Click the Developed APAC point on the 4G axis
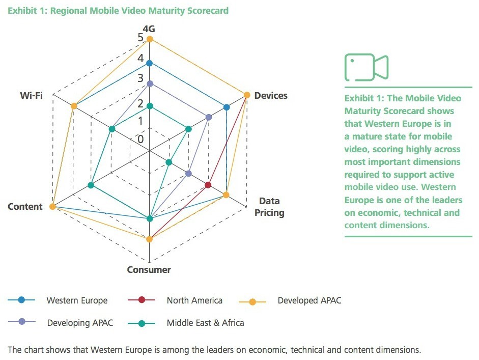pyautogui.click(x=149, y=39)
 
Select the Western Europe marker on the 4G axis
pyautogui.click(x=149, y=63)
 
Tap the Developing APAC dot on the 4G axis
pyautogui.click(x=149, y=84)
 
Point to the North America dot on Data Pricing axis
pyautogui.click(x=208, y=185)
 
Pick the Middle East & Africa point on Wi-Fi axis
pyautogui.click(x=112, y=129)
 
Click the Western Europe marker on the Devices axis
pyautogui.click(x=227, y=107)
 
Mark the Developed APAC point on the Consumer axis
pyautogui.click(x=149, y=239)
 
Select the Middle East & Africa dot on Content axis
pyautogui.click(x=91, y=185)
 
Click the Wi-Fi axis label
pyautogui.click(x=31, y=95)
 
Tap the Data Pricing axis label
pyautogui.click(x=269, y=207)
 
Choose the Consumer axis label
pyautogui.click(x=149, y=269)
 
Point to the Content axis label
pyautogui.click(x=25, y=207)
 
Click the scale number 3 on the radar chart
pyautogui.click(x=140, y=78)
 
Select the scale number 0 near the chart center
pyautogui.click(x=140, y=140)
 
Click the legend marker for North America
pyautogui.click(x=142, y=299)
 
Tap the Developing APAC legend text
pyautogui.click(x=80, y=323)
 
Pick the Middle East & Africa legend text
pyautogui.click(x=205, y=323)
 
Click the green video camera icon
pyautogui.click(x=367, y=67)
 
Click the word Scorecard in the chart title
pyautogui.click(x=208, y=11)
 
